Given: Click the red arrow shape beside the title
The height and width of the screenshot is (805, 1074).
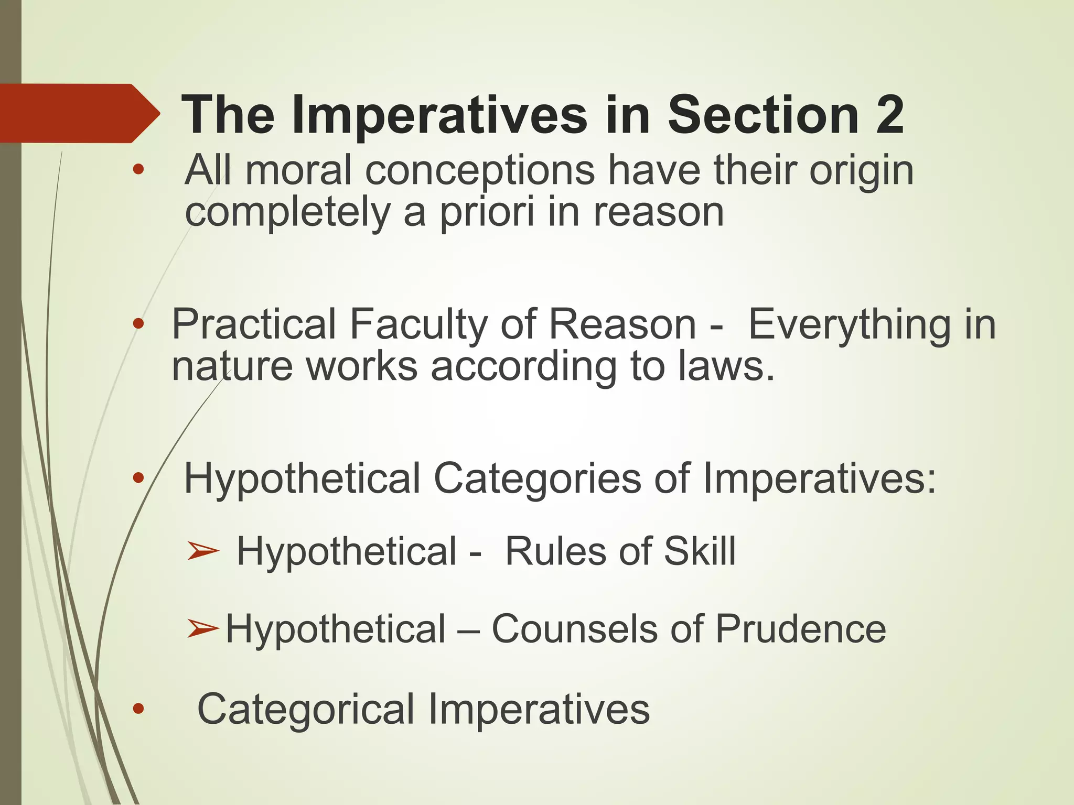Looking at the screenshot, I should (x=79, y=113).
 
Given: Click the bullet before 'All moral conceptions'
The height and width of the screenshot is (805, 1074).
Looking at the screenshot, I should (x=138, y=170).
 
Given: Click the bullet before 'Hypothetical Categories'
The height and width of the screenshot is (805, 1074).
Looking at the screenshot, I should (x=138, y=477).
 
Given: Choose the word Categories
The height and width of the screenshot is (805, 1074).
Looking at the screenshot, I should (x=537, y=478).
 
